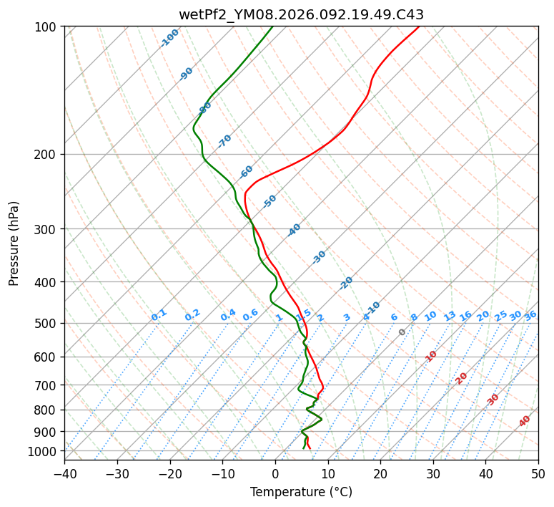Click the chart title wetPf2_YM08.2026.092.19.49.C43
tap(301, 14)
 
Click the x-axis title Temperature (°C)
tap(301, 493)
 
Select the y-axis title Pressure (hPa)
tap(14, 243)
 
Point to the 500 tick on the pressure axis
tap(46, 324)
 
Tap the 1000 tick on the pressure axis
tap(43, 451)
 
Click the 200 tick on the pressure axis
tap(46, 155)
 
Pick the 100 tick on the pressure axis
tap(46, 27)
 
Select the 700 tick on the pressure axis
tap(46, 385)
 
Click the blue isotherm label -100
tap(169, 38)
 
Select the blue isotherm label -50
tap(269, 201)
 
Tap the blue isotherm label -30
tap(319, 257)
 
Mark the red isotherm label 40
tap(525, 421)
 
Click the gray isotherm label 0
tap(402, 332)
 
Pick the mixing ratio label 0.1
tap(159, 314)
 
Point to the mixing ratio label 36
tap(530, 315)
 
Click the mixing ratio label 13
tap(450, 316)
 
